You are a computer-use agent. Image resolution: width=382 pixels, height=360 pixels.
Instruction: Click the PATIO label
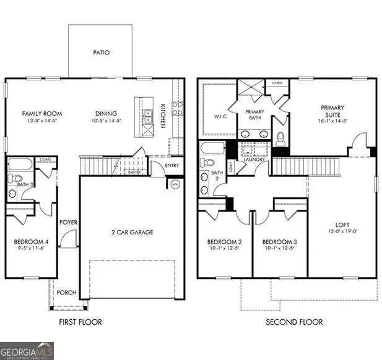click(101, 53)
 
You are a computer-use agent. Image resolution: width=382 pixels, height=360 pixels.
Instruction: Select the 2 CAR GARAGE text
click(132, 233)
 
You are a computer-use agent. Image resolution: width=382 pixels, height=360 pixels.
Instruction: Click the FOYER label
click(67, 223)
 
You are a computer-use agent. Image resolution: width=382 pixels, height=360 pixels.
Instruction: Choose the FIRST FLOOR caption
click(80, 322)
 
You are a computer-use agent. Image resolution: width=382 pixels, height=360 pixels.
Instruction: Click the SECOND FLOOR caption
click(294, 322)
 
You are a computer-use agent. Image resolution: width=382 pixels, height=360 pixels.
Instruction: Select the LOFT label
click(342, 225)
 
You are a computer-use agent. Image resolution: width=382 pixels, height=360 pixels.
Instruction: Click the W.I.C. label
click(222, 116)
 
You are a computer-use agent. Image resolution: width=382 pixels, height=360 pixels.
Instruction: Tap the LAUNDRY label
click(254, 160)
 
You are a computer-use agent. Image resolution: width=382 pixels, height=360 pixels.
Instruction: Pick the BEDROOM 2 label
click(224, 241)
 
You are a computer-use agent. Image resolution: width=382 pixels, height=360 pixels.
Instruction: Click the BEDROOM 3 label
click(280, 241)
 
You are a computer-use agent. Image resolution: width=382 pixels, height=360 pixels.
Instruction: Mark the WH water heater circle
click(175, 184)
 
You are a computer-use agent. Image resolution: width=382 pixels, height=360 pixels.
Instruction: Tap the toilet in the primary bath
click(280, 137)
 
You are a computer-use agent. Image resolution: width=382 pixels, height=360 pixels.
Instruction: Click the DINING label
click(106, 113)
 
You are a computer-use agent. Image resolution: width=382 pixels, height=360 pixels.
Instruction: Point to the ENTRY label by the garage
click(172, 165)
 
